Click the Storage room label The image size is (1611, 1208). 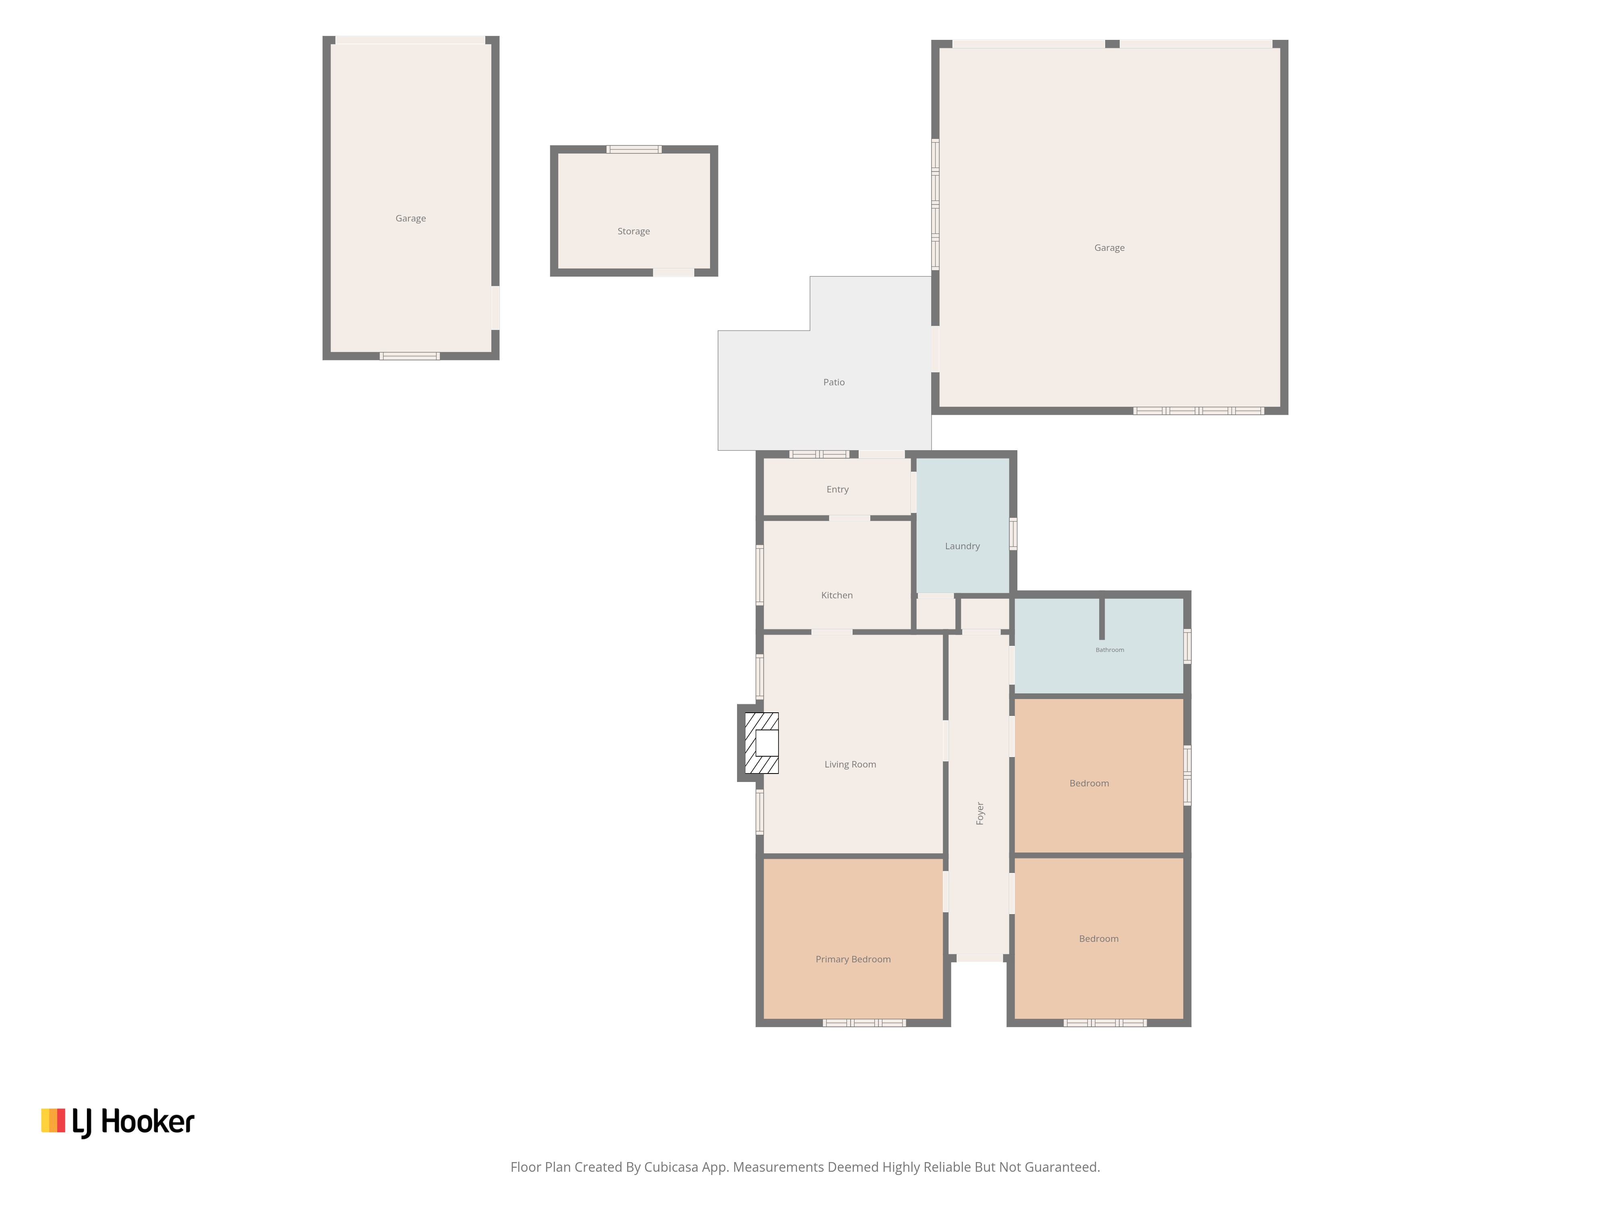634,232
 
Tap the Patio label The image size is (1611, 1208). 834,382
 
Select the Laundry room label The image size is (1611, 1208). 962,546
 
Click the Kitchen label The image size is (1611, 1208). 837,595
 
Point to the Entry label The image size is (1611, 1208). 838,489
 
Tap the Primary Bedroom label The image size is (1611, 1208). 853,959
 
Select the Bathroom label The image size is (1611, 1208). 1110,650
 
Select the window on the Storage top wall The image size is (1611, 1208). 634,149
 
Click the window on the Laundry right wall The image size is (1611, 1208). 1013,534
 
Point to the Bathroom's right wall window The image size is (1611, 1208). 1187,646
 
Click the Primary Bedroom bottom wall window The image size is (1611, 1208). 864,1023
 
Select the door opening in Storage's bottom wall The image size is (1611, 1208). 674,272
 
